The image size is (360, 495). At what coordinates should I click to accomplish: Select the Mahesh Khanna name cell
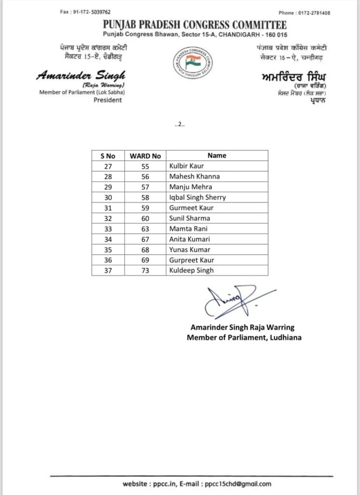pyautogui.click(x=188, y=176)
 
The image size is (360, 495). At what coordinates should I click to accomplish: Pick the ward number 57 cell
pyautogui.click(x=144, y=187)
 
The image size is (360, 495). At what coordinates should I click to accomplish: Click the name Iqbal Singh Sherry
pyautogui.click(x=197, y=197)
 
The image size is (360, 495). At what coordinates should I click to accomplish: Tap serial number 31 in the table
pyautogui.click(x=108, y=208)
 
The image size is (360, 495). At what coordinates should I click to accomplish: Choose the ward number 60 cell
pyautogui.click(x=144, y=218)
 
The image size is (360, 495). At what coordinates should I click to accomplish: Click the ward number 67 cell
pyautogui.click(x=144, y=239)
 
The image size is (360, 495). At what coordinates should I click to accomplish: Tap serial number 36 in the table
pyautogui.click(x=108, y=260)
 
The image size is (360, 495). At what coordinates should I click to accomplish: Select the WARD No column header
pyautogui.click(x=145, y=156)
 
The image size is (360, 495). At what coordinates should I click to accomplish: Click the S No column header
pyautogui.click(x=108, y=156)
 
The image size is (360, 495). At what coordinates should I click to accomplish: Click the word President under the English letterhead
pyautogui.click(x=108, y=100)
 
